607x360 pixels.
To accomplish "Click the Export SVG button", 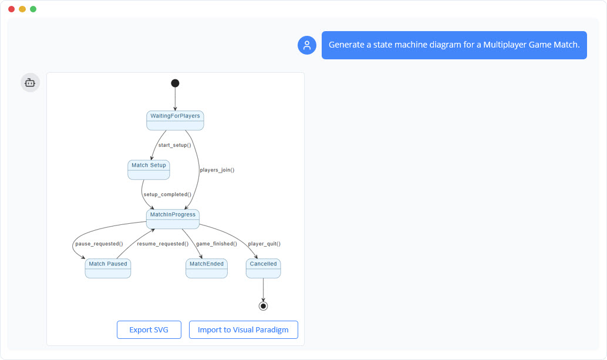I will point(149,330).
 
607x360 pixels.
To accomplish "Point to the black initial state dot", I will point(175,83).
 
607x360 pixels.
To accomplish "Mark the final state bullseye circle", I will point(263,306).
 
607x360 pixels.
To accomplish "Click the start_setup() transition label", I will point(174,145).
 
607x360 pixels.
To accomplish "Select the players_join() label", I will point(217,170).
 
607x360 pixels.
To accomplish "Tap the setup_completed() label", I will point(167,194).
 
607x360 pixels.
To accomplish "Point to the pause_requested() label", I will point(99,244).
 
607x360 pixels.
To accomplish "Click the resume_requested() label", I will point(163,244).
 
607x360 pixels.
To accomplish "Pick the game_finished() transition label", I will point(216,244).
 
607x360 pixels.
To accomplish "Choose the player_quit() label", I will point(264,244).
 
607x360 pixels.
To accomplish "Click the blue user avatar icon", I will point(307,45).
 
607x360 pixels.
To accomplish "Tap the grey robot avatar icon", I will point(31,83).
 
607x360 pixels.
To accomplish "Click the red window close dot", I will point(11,9).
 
